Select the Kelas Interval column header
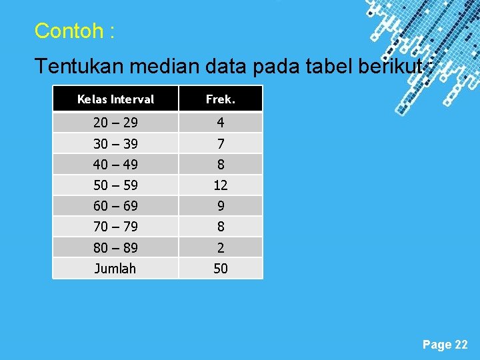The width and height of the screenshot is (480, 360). coord(115,99)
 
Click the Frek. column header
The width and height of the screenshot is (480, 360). coord(221,99)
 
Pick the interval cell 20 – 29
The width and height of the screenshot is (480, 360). coord(115,123)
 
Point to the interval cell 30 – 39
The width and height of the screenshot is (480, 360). coord(115,143)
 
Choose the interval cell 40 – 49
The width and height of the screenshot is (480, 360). coord(115,164)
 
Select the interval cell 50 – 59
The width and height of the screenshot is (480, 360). coord(115,185)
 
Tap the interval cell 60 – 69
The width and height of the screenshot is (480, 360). coord(115,206)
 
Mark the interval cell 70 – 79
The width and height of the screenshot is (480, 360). coord(115,227)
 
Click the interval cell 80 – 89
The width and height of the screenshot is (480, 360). coord(115,247)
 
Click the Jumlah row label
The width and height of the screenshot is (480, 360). coord(115,268)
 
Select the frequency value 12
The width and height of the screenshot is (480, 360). coord(221,185)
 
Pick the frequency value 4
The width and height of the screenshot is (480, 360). coord(221,123)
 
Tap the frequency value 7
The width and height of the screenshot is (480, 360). coord(221,143)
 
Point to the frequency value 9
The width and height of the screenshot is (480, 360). coord(221,206)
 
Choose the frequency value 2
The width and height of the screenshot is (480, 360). coord(221,247)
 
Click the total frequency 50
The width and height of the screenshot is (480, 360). coord(221,268)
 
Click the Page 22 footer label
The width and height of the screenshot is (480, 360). coord(445,344)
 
